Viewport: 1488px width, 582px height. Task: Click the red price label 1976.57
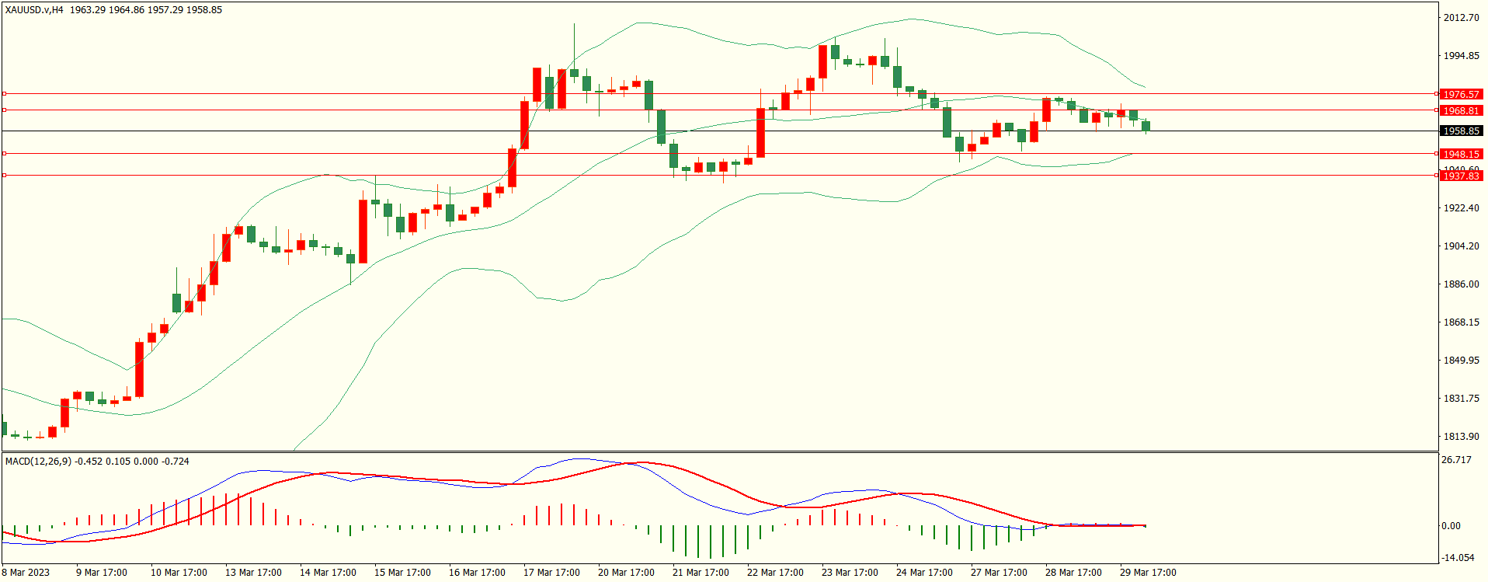pyautogui.click(x=1461, y=95)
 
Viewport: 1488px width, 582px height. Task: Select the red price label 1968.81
pyautogui.click(x=1461, y=111)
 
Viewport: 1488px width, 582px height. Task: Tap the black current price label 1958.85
pyautogui.click(x=1461, y=131)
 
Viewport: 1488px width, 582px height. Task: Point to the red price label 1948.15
pyautogui.click(x=1461, y=155)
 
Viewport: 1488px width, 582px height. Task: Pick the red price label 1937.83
pyautogui.click(x=1461, y=176)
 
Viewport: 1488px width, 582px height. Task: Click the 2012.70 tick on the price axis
pyautogui.click(x=1461, y=18)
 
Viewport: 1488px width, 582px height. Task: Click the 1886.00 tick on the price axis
pyautogui.click(x=1461, y=284)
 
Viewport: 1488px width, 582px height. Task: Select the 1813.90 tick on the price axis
pyautogui.click(x=1461, y=437)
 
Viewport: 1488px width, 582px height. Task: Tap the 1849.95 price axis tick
pyautogui.click(x=1461, y=361)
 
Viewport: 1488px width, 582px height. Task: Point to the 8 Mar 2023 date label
pyautogui.click(x=26, y=573)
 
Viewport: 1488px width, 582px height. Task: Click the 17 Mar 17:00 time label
pyautogui.click(x=551, y=573)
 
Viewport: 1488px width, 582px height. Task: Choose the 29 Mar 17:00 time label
pyautogui.click(x=1148, y=573)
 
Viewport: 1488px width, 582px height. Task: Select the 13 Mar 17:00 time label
pyautogui.click(x=253, y=573)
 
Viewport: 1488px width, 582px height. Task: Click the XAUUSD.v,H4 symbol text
pyautogui.click(x=34, y=10)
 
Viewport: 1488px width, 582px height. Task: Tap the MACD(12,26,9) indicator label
pyautogui.click(x=38, y=462)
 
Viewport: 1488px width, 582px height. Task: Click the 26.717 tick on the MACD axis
pyautogui.click(x=1456, y=460)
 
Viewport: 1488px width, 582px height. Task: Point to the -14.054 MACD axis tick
pyautogui.click(x=1458, y=558)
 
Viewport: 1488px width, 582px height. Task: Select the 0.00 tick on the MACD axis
pyautogui.click(x=1451, y=526)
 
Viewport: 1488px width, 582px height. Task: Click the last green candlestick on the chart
pyautogui.click(x=1146, y=126)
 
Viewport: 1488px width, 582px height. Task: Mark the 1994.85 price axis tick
pyautogui.click(x=1461, y=56)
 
